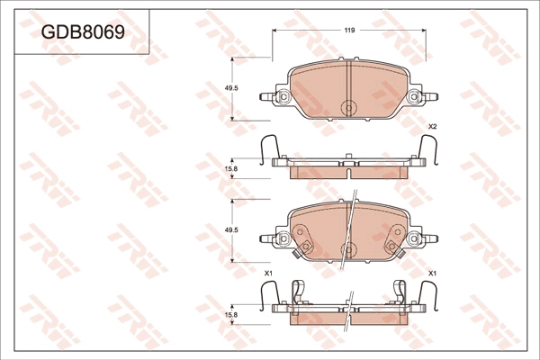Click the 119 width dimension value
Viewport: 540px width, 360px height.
point(348,31)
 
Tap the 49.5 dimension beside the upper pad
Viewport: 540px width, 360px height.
point(230,88)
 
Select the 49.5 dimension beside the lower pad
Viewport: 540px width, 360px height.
point(230,231)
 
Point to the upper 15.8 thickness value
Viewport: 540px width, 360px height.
point(230,168)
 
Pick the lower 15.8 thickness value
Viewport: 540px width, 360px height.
point(230,314)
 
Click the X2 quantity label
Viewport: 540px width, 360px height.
point(432,126)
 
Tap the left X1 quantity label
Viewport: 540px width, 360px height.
point(267,273)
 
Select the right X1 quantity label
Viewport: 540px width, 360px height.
point(432,273)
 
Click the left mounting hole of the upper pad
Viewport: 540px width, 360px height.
point(283,97)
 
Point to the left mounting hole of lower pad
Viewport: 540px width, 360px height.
point(283,239)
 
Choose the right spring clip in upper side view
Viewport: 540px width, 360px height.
point(428,151)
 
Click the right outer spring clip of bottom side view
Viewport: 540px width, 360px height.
point(428,296)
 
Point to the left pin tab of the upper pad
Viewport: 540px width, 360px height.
point(266,95)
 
